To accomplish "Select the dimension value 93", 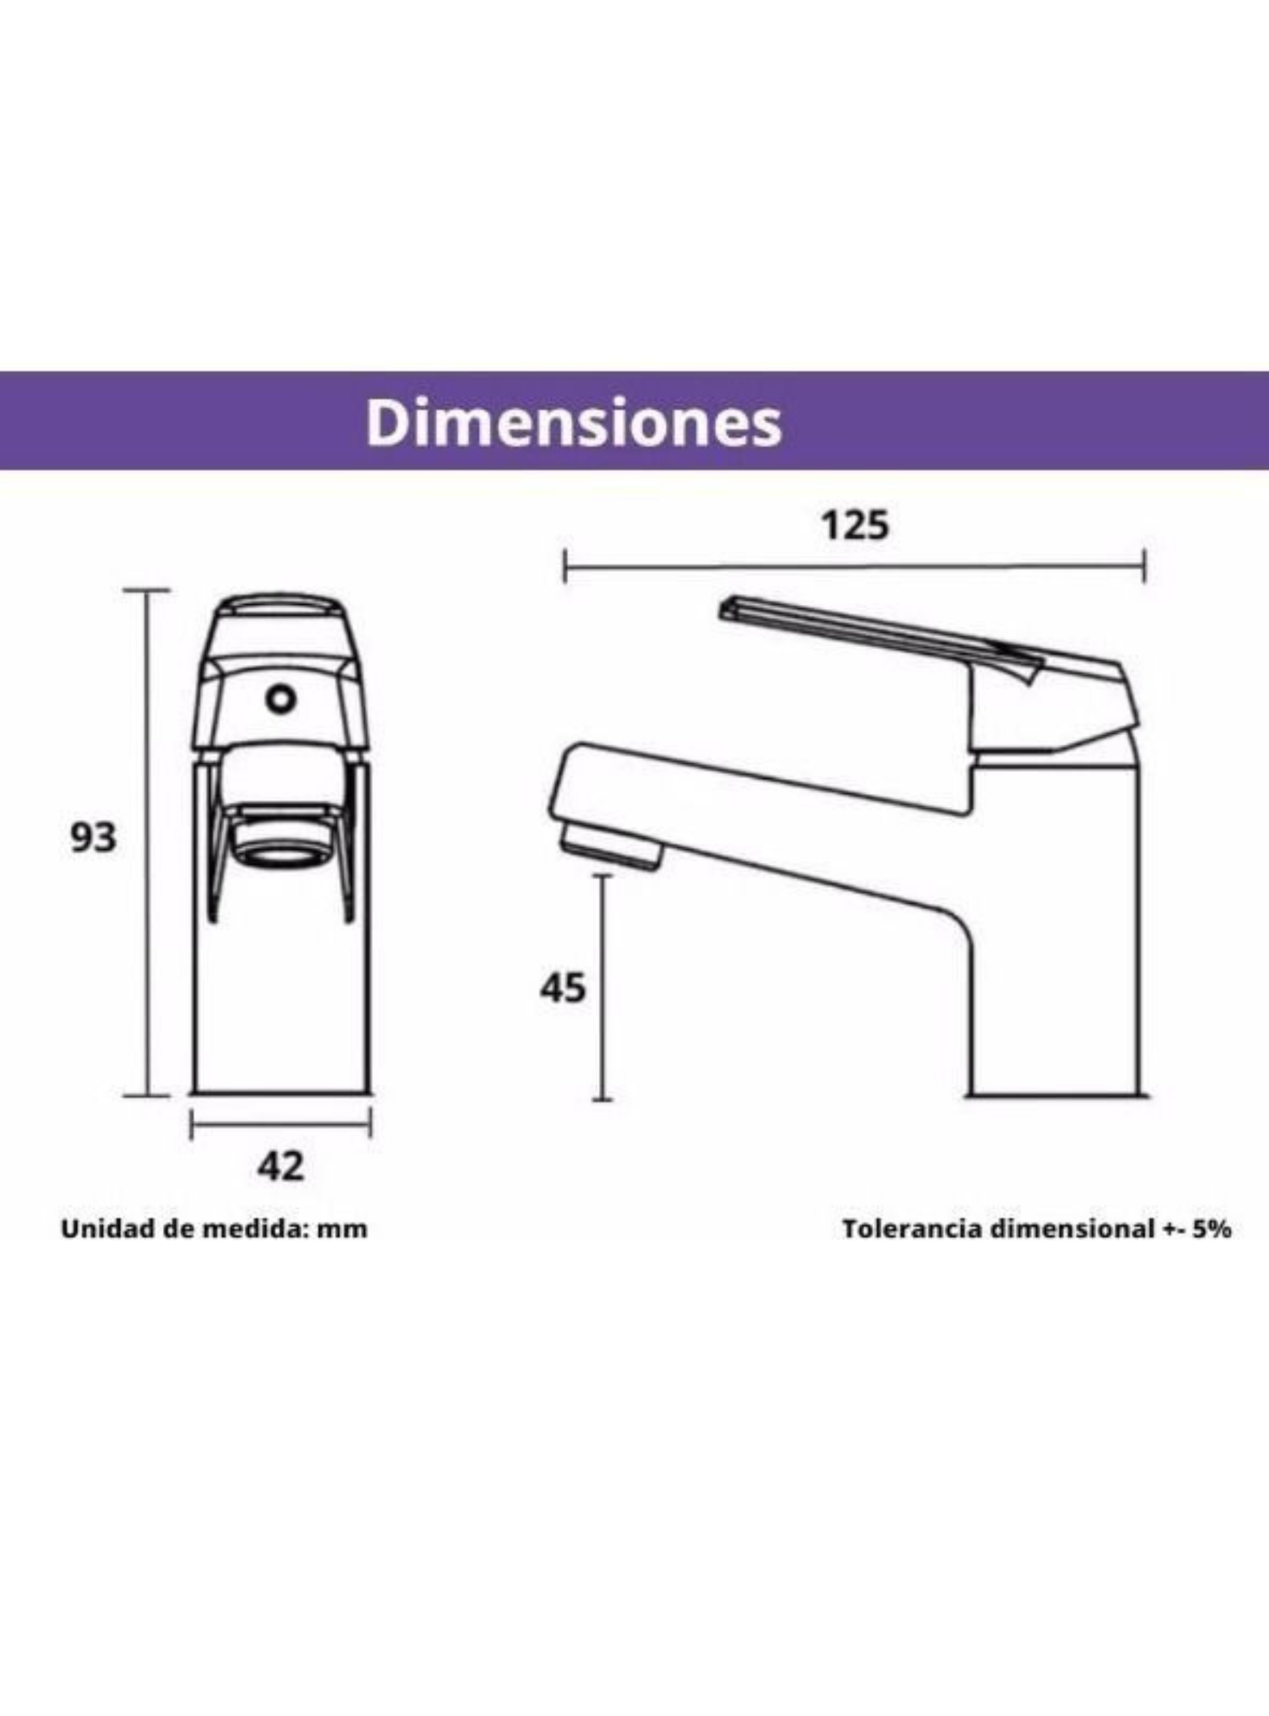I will pyautogui.click(x=94, y=838).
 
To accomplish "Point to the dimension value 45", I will pyautogui.click(x=562, y=988).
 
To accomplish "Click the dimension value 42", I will pyautogui.click(x=280, y=1166).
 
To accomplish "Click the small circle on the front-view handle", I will pyautogui.click(x=280, y=698).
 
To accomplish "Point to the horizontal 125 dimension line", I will pyautogui.click(x=854, y=567).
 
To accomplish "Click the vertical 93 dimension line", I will pyautogui.click(x=147, y=842).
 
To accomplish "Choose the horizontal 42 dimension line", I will pyautogui.click(x=280, y=1125).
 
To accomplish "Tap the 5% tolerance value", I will pyautogui.click(x=1213, y=1229).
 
